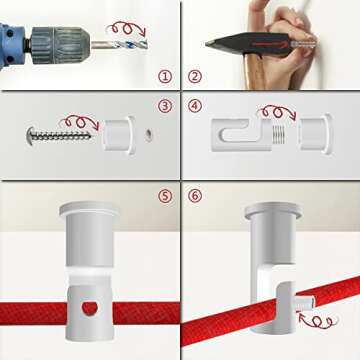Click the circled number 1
(165, 76)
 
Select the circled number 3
(165, 106)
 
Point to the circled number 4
(194, 106)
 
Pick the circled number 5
(165, 196)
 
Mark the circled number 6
(194, 196)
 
